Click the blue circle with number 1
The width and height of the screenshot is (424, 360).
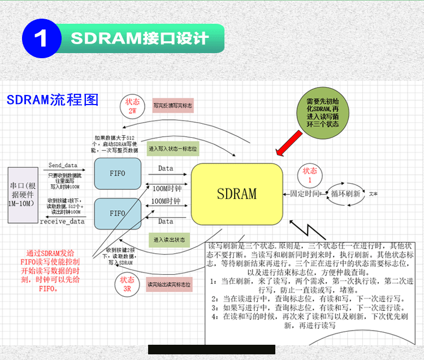(x=41, y=39)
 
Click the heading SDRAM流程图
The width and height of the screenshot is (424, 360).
(x=53, y=100)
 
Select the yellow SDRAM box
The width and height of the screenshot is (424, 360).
(x=237, y=193)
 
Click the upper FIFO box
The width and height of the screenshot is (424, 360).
(x=118, y=174)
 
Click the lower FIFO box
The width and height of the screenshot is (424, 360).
(x=118, y=213)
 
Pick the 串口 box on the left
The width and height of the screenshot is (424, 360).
(x=23, y=194)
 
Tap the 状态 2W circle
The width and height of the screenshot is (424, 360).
(x=133, y=106)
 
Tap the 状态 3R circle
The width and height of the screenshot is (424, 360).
(x=127, y=284)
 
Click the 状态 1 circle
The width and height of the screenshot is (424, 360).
(x=310, y=175)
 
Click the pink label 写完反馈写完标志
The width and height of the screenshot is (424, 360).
(x=173, y=105)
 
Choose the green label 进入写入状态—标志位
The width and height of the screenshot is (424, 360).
(x=173, y=149)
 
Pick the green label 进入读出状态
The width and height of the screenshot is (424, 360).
(x=169, y=240)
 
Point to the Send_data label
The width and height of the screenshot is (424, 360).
(x=63, y=165)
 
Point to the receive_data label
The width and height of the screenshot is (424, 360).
(x=62, y=221)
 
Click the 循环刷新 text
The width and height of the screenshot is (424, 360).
(x=345, y=193)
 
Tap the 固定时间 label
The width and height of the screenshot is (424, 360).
(x=304, y=193)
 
